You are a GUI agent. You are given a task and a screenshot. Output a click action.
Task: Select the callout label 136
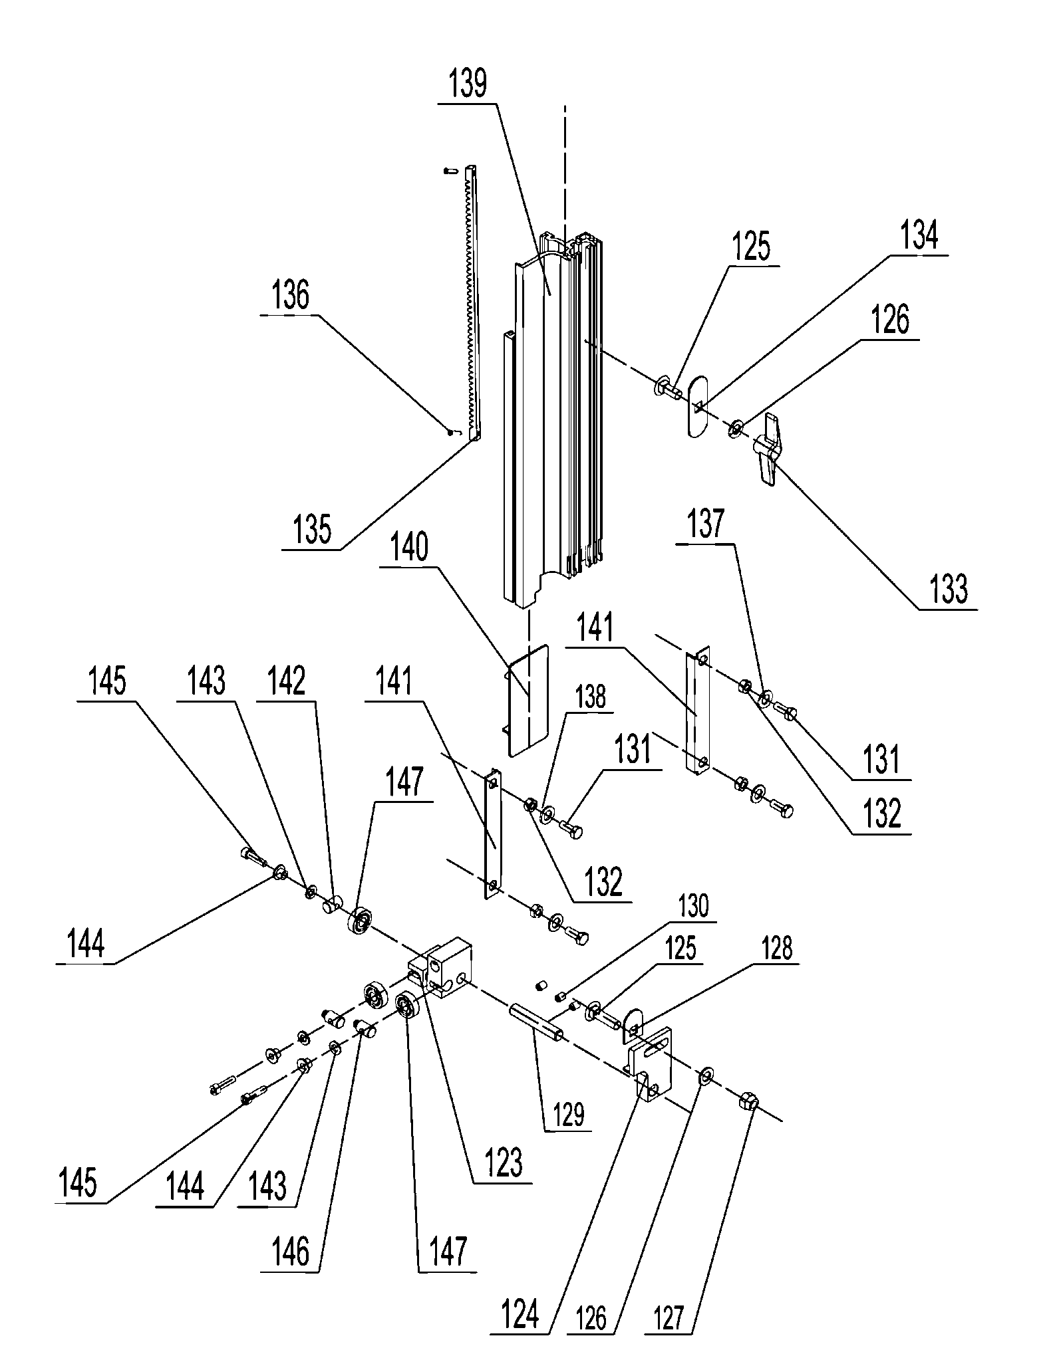pyautogui.click(x=291, y=294)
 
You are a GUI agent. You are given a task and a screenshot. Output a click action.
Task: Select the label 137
pyautogui.click(x=706, y=524)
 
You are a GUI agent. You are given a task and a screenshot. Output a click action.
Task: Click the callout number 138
pyautogui.click(x=591, y=697)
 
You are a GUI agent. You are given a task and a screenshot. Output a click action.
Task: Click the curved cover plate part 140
pyautogui.click(x=528, y=700)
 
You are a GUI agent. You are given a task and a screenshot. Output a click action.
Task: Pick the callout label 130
pyautogui.click(x=694, y=905)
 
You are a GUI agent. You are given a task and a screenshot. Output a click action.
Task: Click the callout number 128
pyautogui.click(x=776, y=949)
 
